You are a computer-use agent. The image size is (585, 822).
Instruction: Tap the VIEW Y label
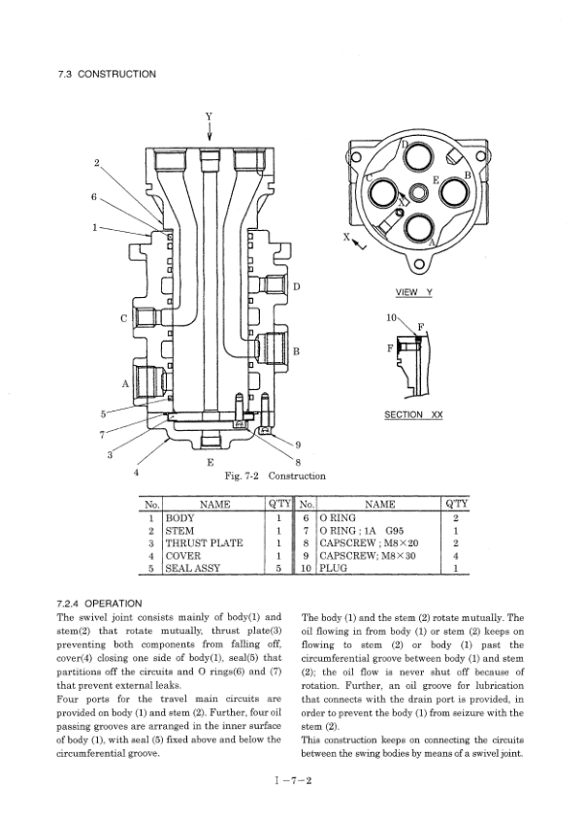coord(414,292)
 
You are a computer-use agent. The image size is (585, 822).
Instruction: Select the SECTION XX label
coord(413,414)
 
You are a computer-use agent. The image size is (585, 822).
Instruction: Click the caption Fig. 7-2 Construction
coord(275,477)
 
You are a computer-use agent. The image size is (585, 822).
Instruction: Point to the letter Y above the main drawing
coord(210,117)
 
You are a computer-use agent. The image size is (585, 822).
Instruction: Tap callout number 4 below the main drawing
coord(136,472)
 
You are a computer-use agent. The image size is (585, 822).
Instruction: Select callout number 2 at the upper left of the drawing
coord(95,161)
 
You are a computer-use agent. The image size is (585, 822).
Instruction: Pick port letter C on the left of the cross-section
coord(123,317)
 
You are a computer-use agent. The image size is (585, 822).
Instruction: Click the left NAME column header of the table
coord(213,505)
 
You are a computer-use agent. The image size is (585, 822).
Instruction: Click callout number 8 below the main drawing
coord(298,462)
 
